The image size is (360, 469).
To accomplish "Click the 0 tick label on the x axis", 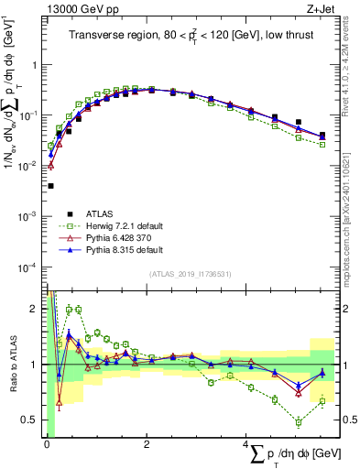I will click(x=47, y=445).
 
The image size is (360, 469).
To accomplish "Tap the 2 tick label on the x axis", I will click(x=147, y=445).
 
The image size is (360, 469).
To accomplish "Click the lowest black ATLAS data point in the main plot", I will click(x=49, y=185).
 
